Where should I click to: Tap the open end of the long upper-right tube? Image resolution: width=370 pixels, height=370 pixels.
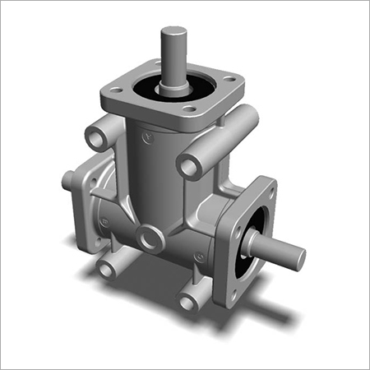coord(189,167)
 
